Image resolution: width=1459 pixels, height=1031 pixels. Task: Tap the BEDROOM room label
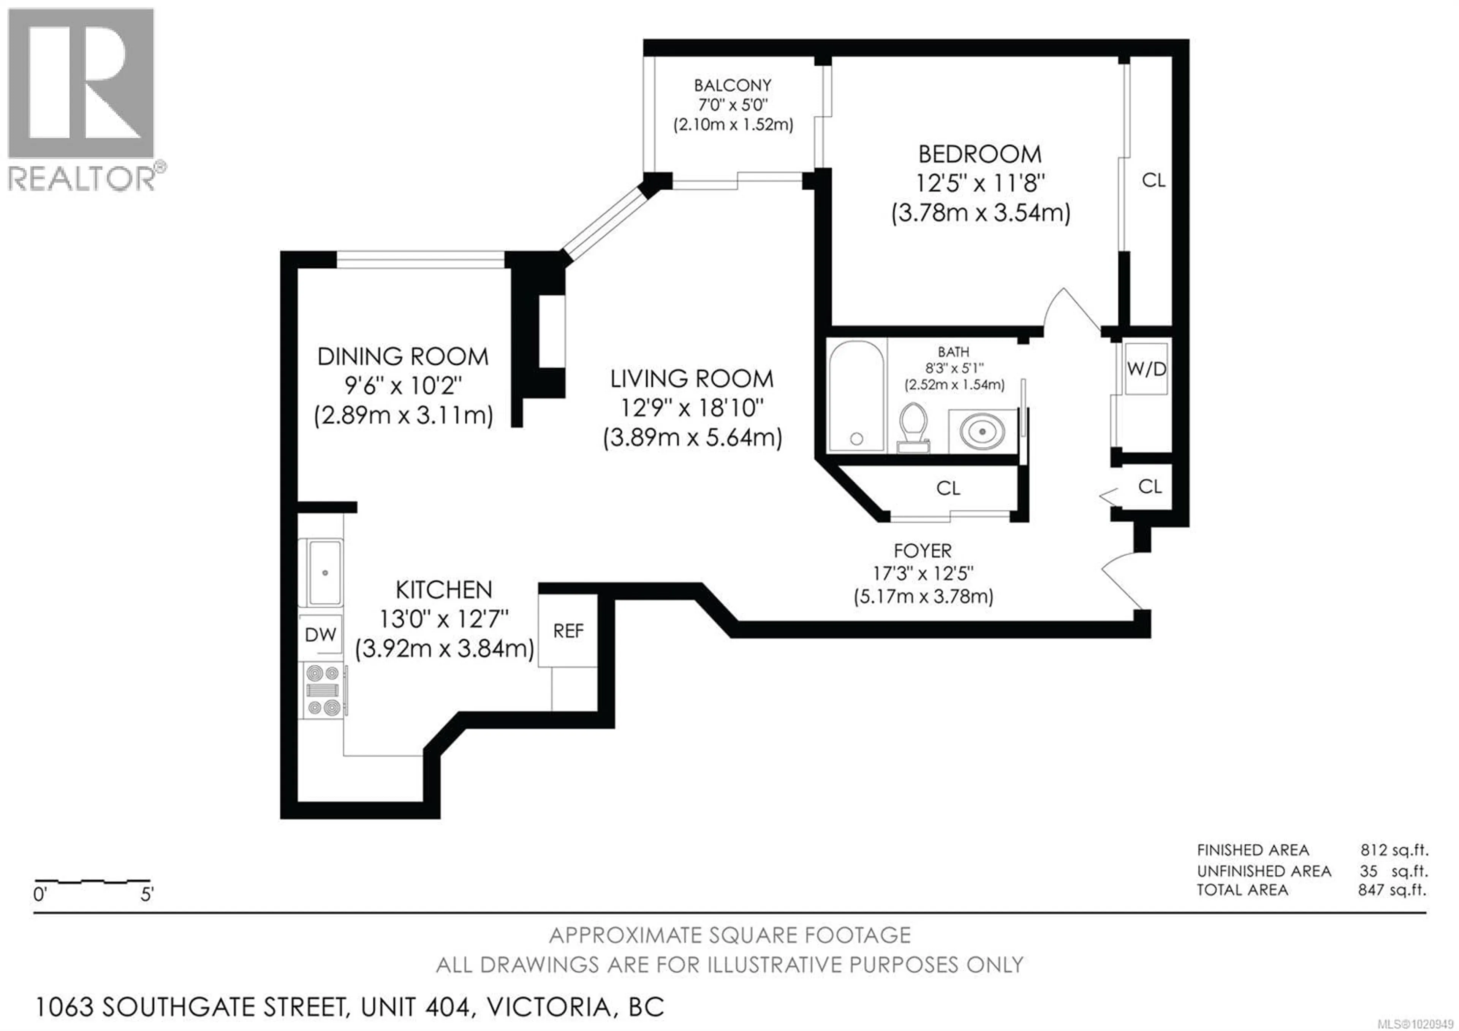(x=980, y=154)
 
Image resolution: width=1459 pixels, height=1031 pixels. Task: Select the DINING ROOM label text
(x=403, y=357)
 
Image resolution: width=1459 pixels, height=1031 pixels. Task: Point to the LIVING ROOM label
(x=692, y=379)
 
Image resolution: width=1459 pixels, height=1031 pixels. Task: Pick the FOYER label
(x=923, y=550)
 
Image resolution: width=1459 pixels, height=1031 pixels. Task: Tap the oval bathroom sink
(x=983, y=431)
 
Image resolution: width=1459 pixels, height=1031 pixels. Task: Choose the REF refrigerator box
(x=568, y=631)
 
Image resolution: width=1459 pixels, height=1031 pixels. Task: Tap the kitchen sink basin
(x=325, y=573)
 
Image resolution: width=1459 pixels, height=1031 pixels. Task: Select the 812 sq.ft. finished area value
(x=1394, y=850)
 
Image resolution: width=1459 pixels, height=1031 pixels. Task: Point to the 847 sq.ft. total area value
(x=1392, y=890)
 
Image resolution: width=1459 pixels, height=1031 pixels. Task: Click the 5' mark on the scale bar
(x=147, y=895)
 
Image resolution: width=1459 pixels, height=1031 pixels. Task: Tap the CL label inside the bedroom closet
(x=1154, y=181)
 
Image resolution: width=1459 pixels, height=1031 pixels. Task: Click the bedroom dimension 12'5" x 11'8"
(x=980, y=184)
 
